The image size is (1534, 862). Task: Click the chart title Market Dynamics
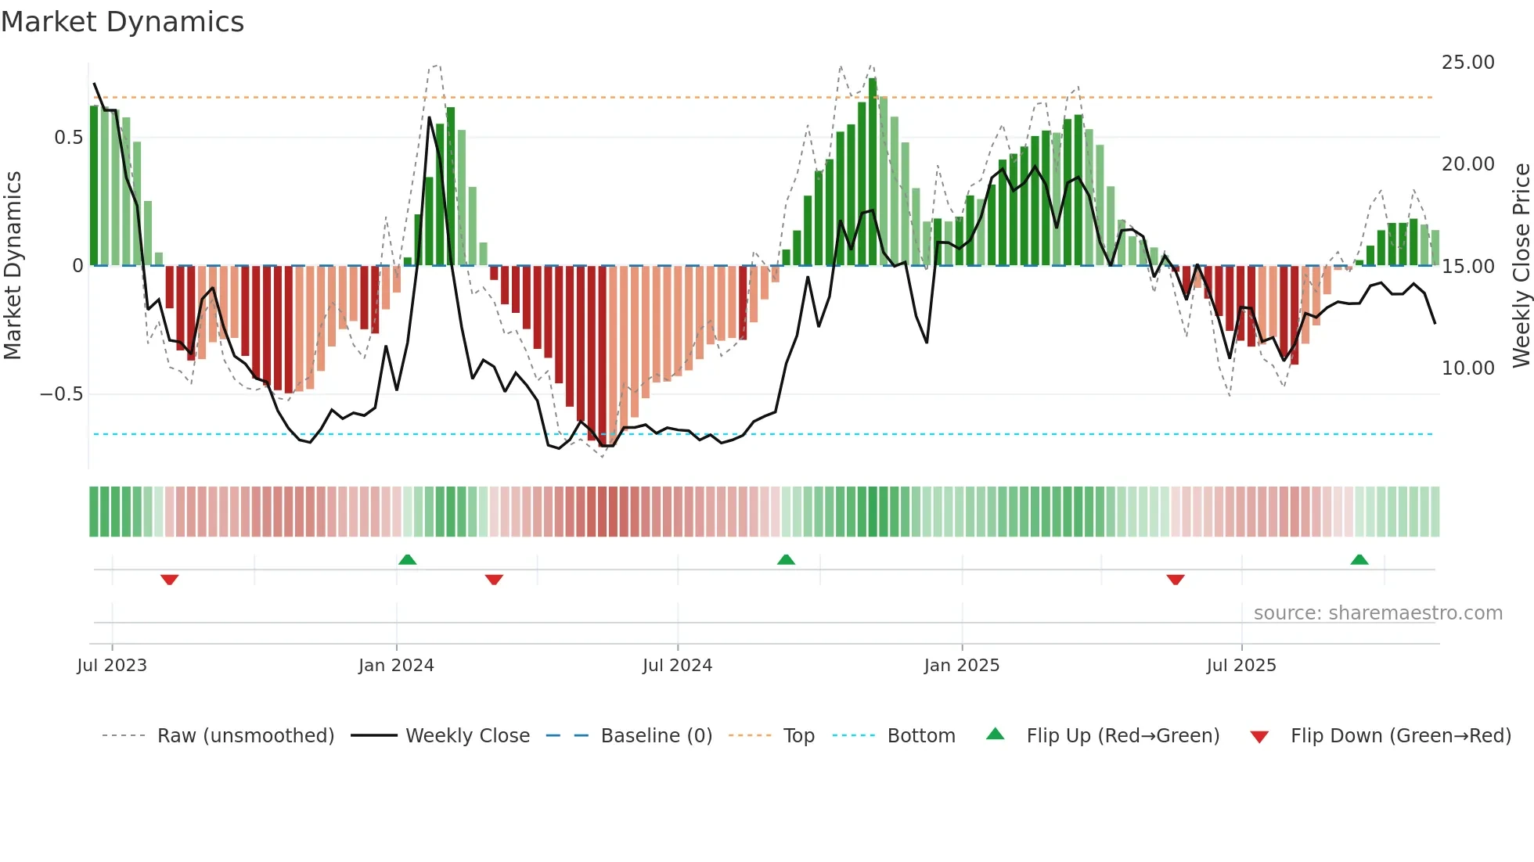(122, 22)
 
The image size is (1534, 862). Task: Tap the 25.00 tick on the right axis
(1467, 63)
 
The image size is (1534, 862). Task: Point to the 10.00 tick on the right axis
(1467, 368)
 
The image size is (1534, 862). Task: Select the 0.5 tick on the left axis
(68, 138)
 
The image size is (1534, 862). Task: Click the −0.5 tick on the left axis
(61, 394)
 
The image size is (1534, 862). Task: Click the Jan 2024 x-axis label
(396, 666)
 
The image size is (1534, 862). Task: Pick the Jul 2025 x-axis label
(1241, 666)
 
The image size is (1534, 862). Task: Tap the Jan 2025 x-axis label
(961, 666)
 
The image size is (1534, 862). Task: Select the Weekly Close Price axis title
(1521, 266)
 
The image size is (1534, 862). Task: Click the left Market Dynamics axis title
(13, 266)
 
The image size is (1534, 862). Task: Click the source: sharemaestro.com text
(1377, 613)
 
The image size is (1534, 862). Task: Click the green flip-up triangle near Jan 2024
(407, 560)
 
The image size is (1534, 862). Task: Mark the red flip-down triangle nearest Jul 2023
(170, 580)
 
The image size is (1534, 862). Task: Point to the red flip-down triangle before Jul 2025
(1176, 580)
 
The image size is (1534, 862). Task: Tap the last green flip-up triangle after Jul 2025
(1359, 560)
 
